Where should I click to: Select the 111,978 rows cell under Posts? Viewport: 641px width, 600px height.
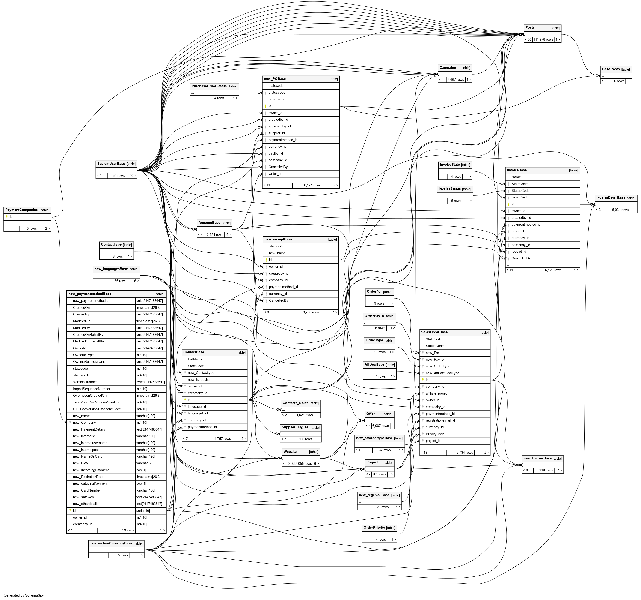[543, 39]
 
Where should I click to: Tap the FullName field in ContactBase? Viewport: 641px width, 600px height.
[195, 359]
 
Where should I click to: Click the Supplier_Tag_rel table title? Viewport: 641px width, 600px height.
[295, 427]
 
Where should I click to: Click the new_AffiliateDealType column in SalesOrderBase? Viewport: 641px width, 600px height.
[442, 373]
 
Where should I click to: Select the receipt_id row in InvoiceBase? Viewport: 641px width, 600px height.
[519, 252]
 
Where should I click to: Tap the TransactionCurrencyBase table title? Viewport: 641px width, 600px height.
[111, 543]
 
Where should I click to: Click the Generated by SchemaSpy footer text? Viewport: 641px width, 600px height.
[24, 595]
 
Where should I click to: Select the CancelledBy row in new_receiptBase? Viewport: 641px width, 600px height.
[278, 300]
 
